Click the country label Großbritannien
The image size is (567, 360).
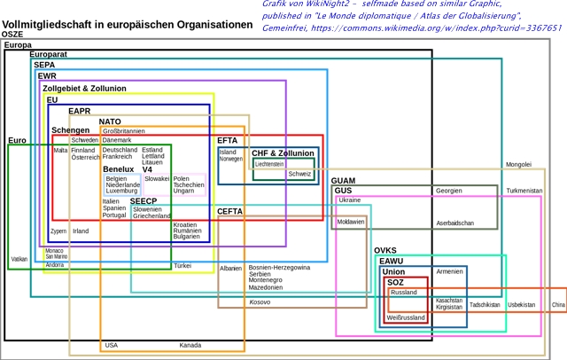coord(123,131)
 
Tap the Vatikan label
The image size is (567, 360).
coord(19,260)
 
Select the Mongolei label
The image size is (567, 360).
coord(518,164)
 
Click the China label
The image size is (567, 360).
coord(558,305)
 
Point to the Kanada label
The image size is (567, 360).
coord(190,345)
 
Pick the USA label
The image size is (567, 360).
coord(111,345)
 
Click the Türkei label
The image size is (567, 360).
coord(183,265)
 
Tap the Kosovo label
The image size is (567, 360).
coord(260,301)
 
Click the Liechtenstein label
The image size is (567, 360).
coord(269,164)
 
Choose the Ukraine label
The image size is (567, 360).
coord(349,200)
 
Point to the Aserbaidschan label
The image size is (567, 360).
coord(454,223)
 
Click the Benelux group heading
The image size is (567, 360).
coord(118,168)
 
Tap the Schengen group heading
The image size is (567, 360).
coord(70,130)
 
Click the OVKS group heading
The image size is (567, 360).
coord(385,250)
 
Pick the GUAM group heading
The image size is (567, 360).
coord(343,181)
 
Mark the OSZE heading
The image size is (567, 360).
coord(12,34)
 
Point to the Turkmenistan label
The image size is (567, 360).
coord(524,191)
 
